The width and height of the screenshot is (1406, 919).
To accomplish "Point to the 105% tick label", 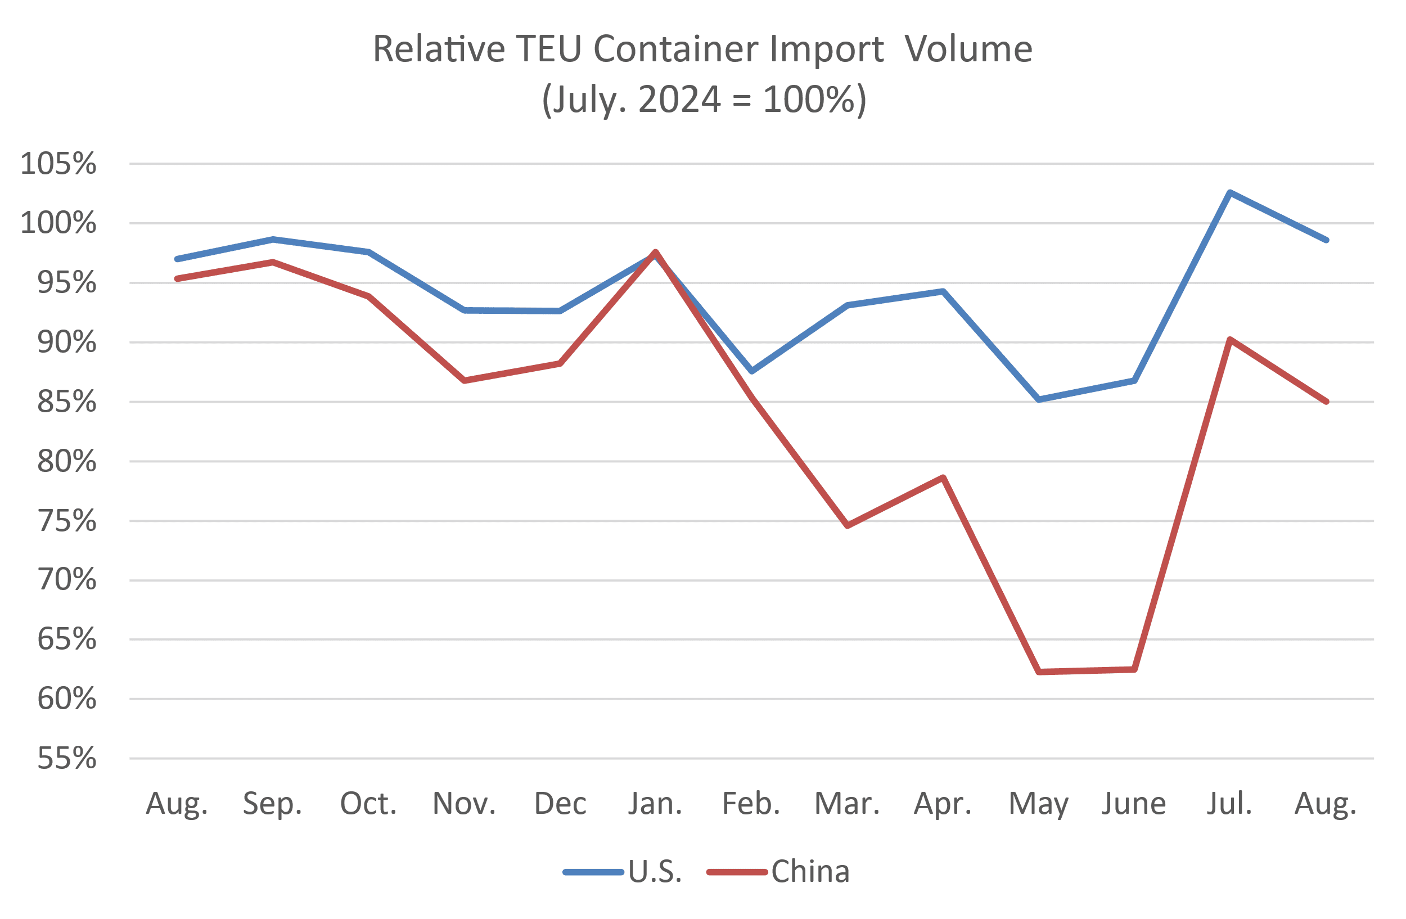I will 58,164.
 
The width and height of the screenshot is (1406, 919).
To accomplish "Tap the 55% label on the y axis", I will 66,758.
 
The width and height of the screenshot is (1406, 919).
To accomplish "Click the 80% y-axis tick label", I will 66,461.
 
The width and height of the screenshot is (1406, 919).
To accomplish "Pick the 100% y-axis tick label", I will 58,223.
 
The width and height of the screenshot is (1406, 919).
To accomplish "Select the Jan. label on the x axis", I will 655,804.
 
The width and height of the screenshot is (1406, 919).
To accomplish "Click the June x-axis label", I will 1134,804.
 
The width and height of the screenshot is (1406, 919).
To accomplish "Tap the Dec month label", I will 560,804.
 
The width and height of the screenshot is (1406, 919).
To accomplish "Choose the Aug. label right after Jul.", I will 1326,804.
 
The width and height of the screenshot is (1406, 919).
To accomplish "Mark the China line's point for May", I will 1039,672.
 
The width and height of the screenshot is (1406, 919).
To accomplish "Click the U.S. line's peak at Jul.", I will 1230,192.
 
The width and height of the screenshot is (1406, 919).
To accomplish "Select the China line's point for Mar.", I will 848,526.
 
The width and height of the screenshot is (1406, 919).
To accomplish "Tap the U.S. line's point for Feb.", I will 752,371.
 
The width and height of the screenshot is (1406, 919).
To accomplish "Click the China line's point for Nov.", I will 465,381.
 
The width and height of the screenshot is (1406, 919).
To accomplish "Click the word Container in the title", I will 679,48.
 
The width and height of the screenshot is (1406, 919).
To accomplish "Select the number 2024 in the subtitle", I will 679,99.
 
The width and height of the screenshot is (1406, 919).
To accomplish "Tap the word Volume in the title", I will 969,48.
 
